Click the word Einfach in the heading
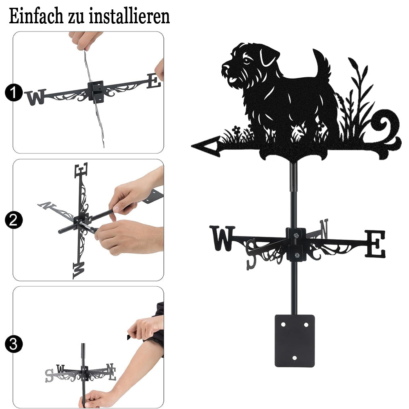(36, 16)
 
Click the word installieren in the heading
(129, 16)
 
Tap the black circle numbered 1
(13, 92)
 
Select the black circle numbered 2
(13, 220)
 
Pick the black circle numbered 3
(13, 344)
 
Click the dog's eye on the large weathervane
(246, 61)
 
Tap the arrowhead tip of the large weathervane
(192, 146)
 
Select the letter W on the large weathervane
(222, 238)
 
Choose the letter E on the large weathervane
(375, 244)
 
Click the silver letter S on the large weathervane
(252, 254)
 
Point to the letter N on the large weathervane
(324, 229)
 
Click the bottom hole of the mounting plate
(294, 358)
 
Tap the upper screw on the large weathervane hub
(296, 236)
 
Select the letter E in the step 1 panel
(154, 81)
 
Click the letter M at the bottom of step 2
(79, 270)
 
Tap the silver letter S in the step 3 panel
(49, 376)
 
